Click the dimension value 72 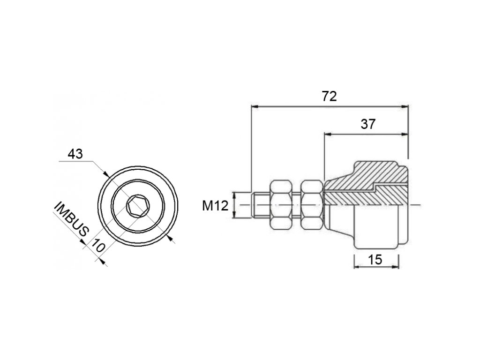[330, 96]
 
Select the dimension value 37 [368, 124]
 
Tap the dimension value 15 [375, 259]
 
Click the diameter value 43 [75, 154]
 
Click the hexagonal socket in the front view [137, 205]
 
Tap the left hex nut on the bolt [281, 205]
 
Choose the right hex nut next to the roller [312, 205]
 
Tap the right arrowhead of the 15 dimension [396, 267]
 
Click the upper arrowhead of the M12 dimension [233, 195]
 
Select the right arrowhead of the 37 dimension [405, 134]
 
